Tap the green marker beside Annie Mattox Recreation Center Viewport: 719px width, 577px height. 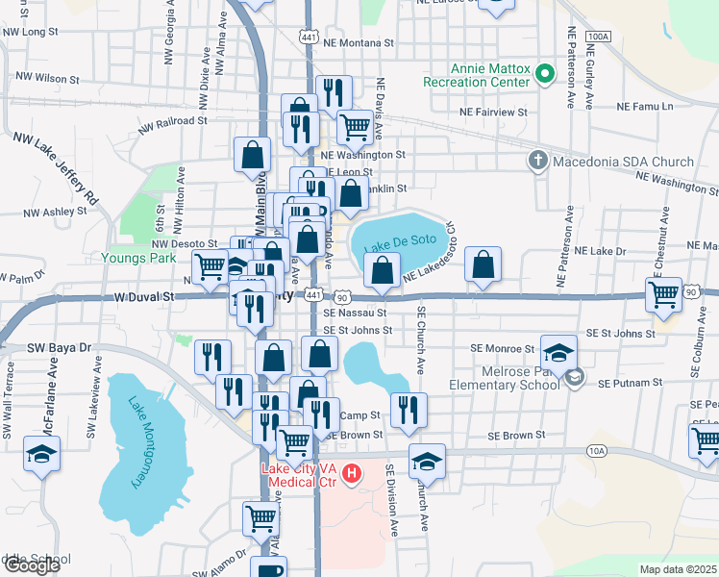point(545,74)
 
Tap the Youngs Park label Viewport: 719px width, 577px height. point(138,258)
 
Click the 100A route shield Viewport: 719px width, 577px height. point(597,36)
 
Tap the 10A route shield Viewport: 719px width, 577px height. point(597,449)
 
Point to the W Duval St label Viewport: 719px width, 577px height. point(143,298)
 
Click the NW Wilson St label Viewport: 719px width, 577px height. point(45,79)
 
